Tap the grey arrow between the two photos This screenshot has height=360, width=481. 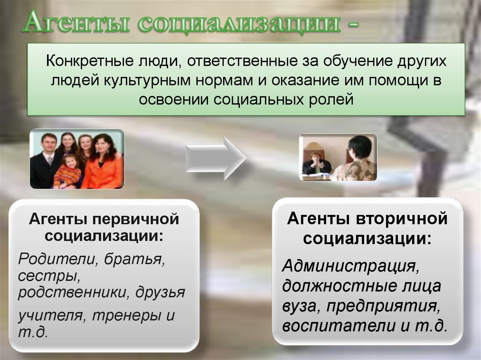point(215,158)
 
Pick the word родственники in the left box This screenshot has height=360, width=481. point(73,293)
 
